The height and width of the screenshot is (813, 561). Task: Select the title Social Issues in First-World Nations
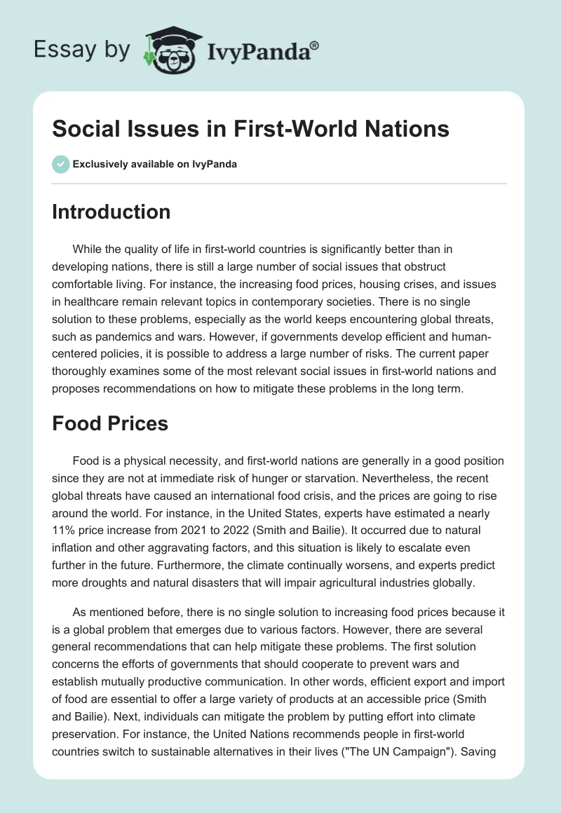coord(250,130)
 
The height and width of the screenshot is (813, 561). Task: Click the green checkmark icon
coord(60,165)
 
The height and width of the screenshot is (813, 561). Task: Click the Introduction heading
coord(111,212)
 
